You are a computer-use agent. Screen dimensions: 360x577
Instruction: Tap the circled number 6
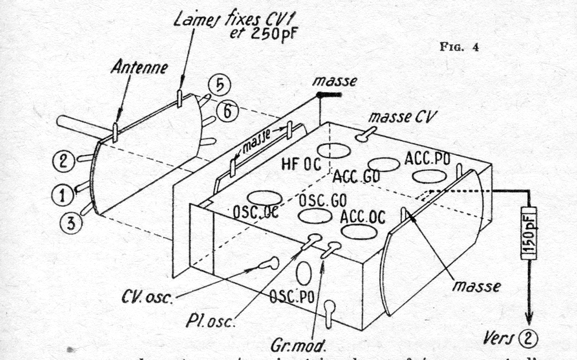(231, 111)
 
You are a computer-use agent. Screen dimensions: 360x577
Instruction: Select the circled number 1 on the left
(61, 195)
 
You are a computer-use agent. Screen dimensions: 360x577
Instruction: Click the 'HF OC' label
(296, 164)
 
